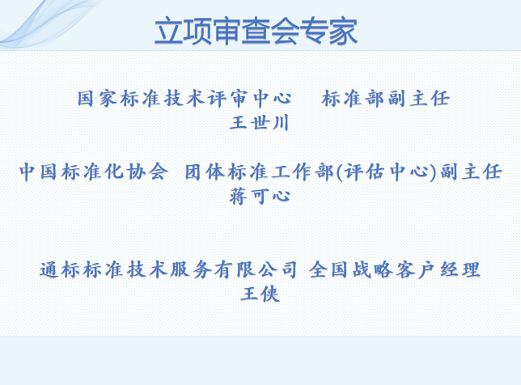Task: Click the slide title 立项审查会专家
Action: point(256,32)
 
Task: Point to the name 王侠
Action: point(260,294)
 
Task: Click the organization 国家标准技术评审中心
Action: point(184,99)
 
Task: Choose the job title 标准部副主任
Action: point(385,99)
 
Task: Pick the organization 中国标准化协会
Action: point(94,171)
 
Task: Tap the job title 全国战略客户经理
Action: point(396,270)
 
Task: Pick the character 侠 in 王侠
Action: point(270,294)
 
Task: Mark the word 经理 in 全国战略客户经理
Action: point(460,270)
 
